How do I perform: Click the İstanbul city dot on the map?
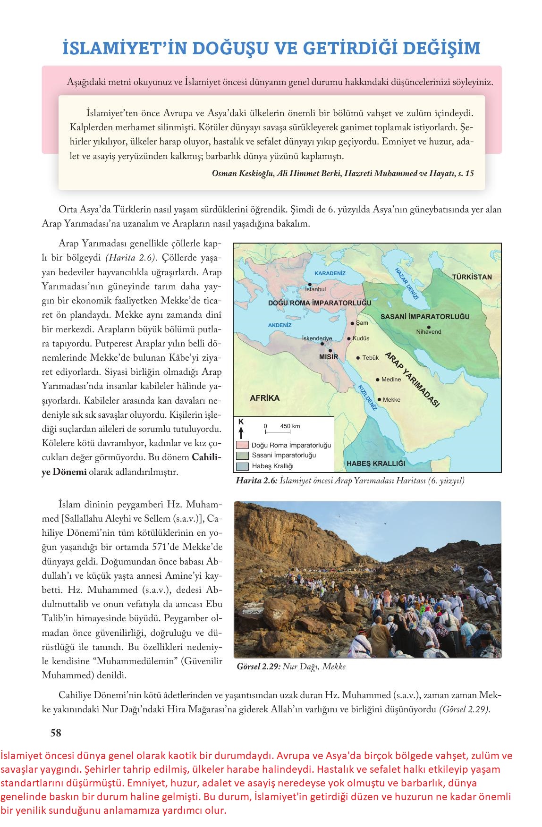click(310, 284)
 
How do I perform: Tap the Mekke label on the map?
click(391, 400)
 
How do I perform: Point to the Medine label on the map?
click(391, 380)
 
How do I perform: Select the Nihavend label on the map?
click(429, 332)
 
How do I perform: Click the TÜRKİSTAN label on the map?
click(472, 277)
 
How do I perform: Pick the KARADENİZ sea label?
click(330, 273)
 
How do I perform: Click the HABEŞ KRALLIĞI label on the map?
click(376, 464)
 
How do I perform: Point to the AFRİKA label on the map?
click(264, 398)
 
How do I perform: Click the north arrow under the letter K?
click(241, 432)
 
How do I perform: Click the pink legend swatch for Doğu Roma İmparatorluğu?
click(242, 445)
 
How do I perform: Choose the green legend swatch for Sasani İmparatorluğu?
click(242, 456)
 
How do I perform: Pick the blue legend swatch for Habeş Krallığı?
click(242, 466)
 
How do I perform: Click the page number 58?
click(56, 733)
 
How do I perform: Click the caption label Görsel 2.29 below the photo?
click(259, 667)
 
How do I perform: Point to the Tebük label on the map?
click(371, 358)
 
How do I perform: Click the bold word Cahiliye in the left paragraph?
click(206, 457)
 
